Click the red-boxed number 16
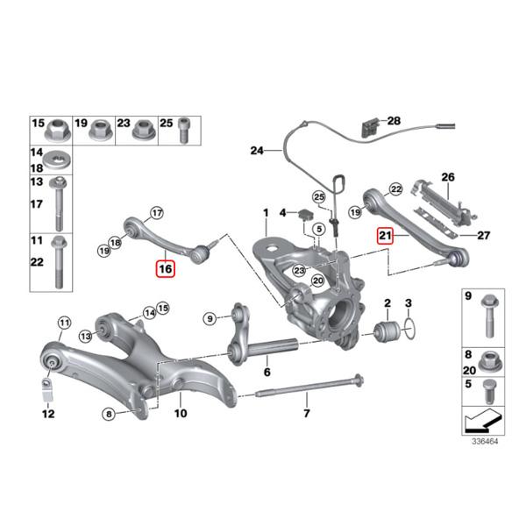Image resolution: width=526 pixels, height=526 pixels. tap(166, 267)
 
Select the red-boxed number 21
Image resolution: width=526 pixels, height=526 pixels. tap(385, 235)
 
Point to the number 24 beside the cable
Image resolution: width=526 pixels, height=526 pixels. tap(256, 151)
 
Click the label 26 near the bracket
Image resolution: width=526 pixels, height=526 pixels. tap(449, 178)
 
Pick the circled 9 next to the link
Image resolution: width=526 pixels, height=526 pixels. tap(209, 316)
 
